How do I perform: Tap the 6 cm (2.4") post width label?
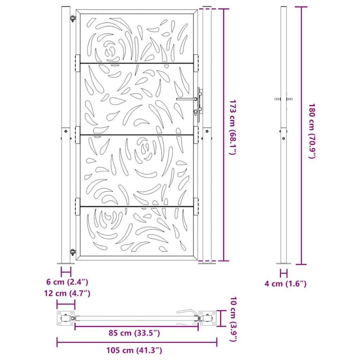tap(67, 282)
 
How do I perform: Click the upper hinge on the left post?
tap(72, 18)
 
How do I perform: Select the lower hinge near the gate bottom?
tap(72, 251)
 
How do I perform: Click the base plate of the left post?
tap(66, 263)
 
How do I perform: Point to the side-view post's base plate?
tap(284, 263)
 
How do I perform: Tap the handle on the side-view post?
tap(284, 99)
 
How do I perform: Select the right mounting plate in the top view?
tap(208, 318)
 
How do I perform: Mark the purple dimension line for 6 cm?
tap(66, 272)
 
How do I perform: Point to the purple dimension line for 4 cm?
tap(284, 273)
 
